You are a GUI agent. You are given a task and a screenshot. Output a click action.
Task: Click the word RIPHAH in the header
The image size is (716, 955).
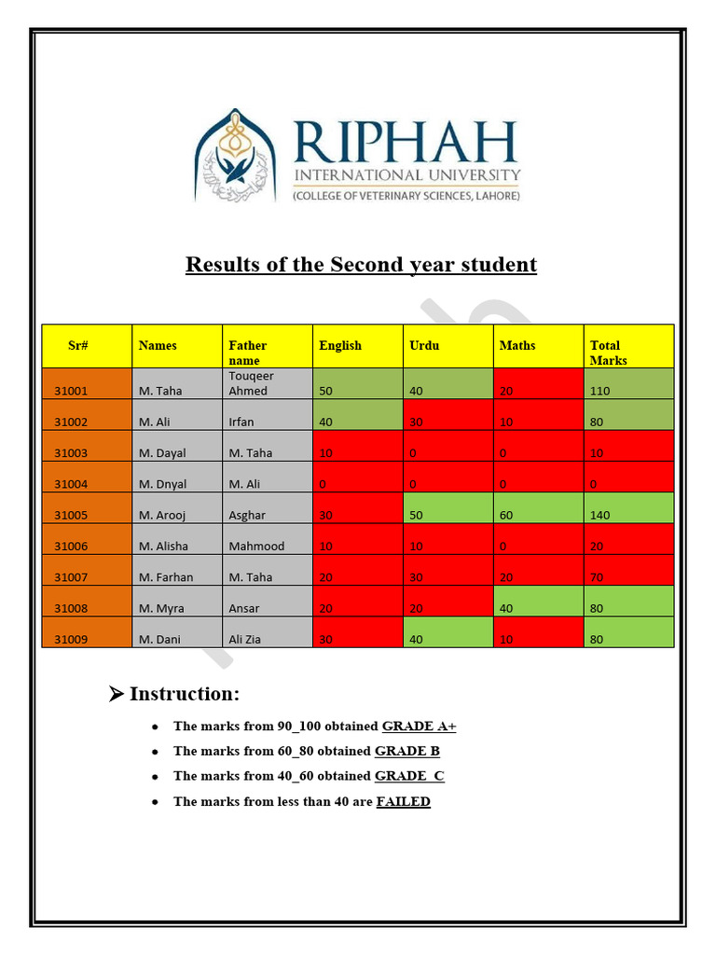pos(406,142)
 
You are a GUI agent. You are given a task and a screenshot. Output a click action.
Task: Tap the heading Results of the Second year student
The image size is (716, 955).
pos(361,265)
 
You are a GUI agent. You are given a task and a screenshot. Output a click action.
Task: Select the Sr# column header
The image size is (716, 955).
pos(78,346)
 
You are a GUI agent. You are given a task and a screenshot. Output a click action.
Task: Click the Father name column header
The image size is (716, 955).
pos(247,353)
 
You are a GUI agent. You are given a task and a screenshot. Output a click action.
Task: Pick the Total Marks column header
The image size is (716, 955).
pos(608,353)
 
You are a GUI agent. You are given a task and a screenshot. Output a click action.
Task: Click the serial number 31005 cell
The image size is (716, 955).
pos(71,515)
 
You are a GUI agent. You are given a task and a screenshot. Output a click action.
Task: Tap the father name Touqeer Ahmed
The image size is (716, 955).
pos(251,383)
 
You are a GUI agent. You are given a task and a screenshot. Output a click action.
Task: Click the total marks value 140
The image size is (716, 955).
pos(600,515)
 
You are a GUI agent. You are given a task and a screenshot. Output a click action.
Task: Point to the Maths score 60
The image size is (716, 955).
pos(506,515)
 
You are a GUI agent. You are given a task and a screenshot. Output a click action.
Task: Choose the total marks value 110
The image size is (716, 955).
pos(600,391)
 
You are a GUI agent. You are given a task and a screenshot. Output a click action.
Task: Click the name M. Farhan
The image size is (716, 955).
pos(166,577)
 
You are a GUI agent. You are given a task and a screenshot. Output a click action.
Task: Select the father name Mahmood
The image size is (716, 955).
pos(256,547)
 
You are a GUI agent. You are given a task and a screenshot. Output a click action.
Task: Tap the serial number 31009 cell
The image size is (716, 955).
pos(71,640)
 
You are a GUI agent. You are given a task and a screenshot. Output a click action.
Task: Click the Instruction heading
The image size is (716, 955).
pos(185,694)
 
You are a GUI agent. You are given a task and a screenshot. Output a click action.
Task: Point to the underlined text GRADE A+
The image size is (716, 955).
pos(419,726)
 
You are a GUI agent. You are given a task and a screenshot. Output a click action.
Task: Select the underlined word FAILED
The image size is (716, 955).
pos(403,801)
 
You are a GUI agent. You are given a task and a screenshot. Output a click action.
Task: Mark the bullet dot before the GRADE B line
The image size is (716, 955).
pos(153,751)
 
